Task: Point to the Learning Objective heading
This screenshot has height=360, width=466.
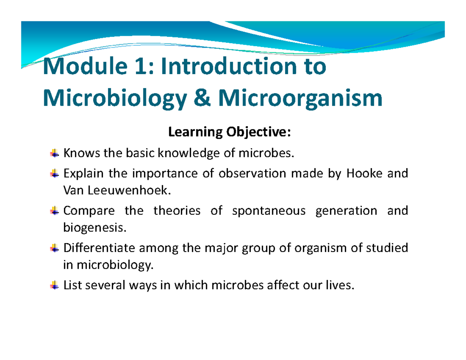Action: [229, 133]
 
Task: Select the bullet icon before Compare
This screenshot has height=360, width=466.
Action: [55, 210]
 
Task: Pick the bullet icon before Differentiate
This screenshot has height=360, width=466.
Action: [55, 248]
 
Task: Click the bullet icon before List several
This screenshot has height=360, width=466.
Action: [55, 286]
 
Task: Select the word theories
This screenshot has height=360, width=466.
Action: [177, 211]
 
